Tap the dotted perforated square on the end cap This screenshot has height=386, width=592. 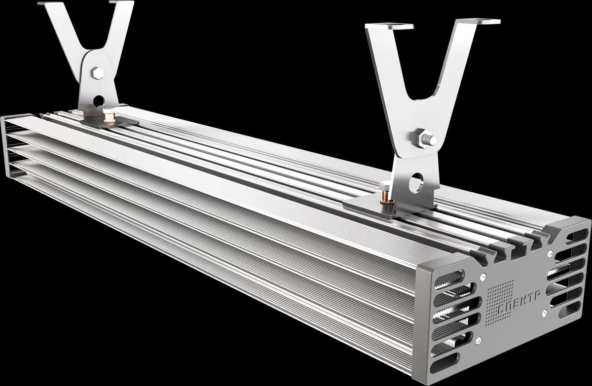500,303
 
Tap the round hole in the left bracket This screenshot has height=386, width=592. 99,102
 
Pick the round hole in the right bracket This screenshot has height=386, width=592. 416,183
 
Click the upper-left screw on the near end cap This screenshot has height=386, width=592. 483,277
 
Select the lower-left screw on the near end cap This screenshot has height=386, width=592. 479,341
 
